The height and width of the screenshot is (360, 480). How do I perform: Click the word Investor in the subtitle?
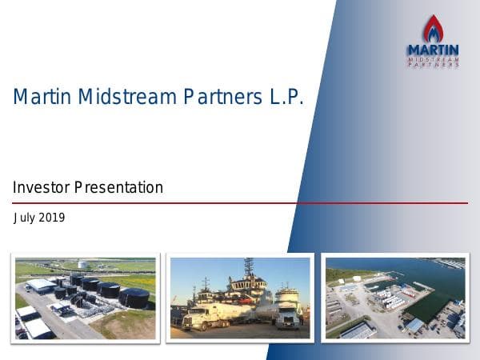(x=41, y=188)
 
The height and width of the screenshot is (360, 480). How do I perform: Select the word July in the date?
(x=25, y=218)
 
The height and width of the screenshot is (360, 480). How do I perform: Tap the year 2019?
(x=52, y=218)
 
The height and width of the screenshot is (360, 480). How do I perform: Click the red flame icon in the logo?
(x=433, y=29)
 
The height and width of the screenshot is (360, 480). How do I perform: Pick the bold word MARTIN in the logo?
(x=433, y=50)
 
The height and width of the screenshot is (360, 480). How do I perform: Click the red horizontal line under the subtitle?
(x=240, y=203)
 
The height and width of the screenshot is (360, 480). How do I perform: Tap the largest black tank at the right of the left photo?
(x=134, y=297)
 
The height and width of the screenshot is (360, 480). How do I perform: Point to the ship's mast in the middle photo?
(x=248, y=268)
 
